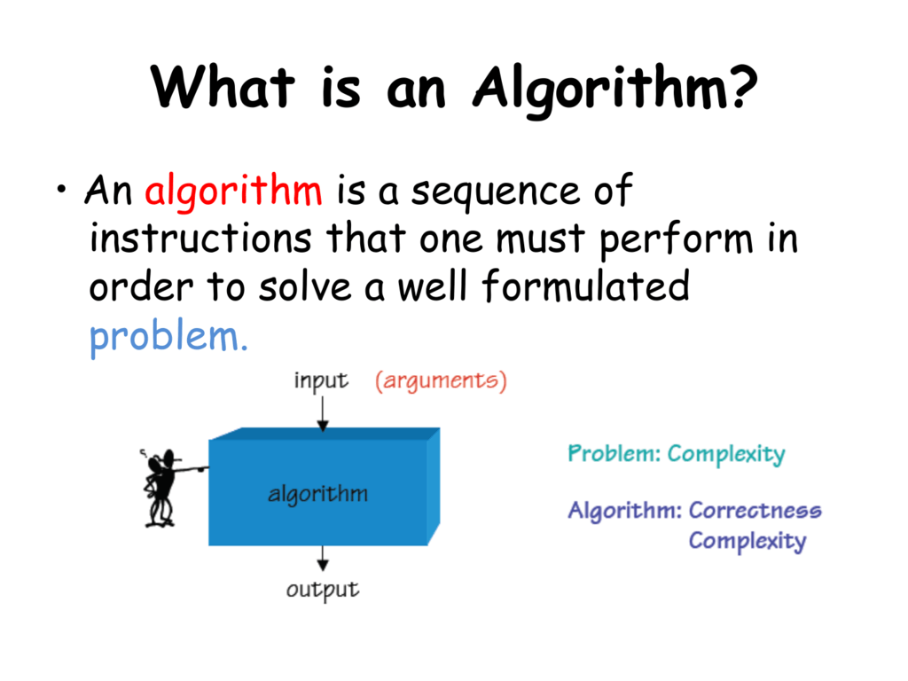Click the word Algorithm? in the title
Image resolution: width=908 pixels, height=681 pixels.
614,89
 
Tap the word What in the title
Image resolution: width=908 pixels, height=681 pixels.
223,89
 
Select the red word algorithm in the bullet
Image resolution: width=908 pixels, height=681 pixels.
233,192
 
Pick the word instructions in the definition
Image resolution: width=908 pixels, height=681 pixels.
201,239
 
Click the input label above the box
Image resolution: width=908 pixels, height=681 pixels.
321,381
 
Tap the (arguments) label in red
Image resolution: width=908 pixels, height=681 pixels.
441,381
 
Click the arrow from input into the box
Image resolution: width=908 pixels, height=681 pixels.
323,412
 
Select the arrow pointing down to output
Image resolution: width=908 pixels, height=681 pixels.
323,559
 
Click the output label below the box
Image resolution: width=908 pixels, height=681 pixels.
323,589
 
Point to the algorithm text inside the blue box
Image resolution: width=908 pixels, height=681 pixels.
317,494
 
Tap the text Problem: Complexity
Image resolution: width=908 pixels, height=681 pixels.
676,455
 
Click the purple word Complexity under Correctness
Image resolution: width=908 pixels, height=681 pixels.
747,540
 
